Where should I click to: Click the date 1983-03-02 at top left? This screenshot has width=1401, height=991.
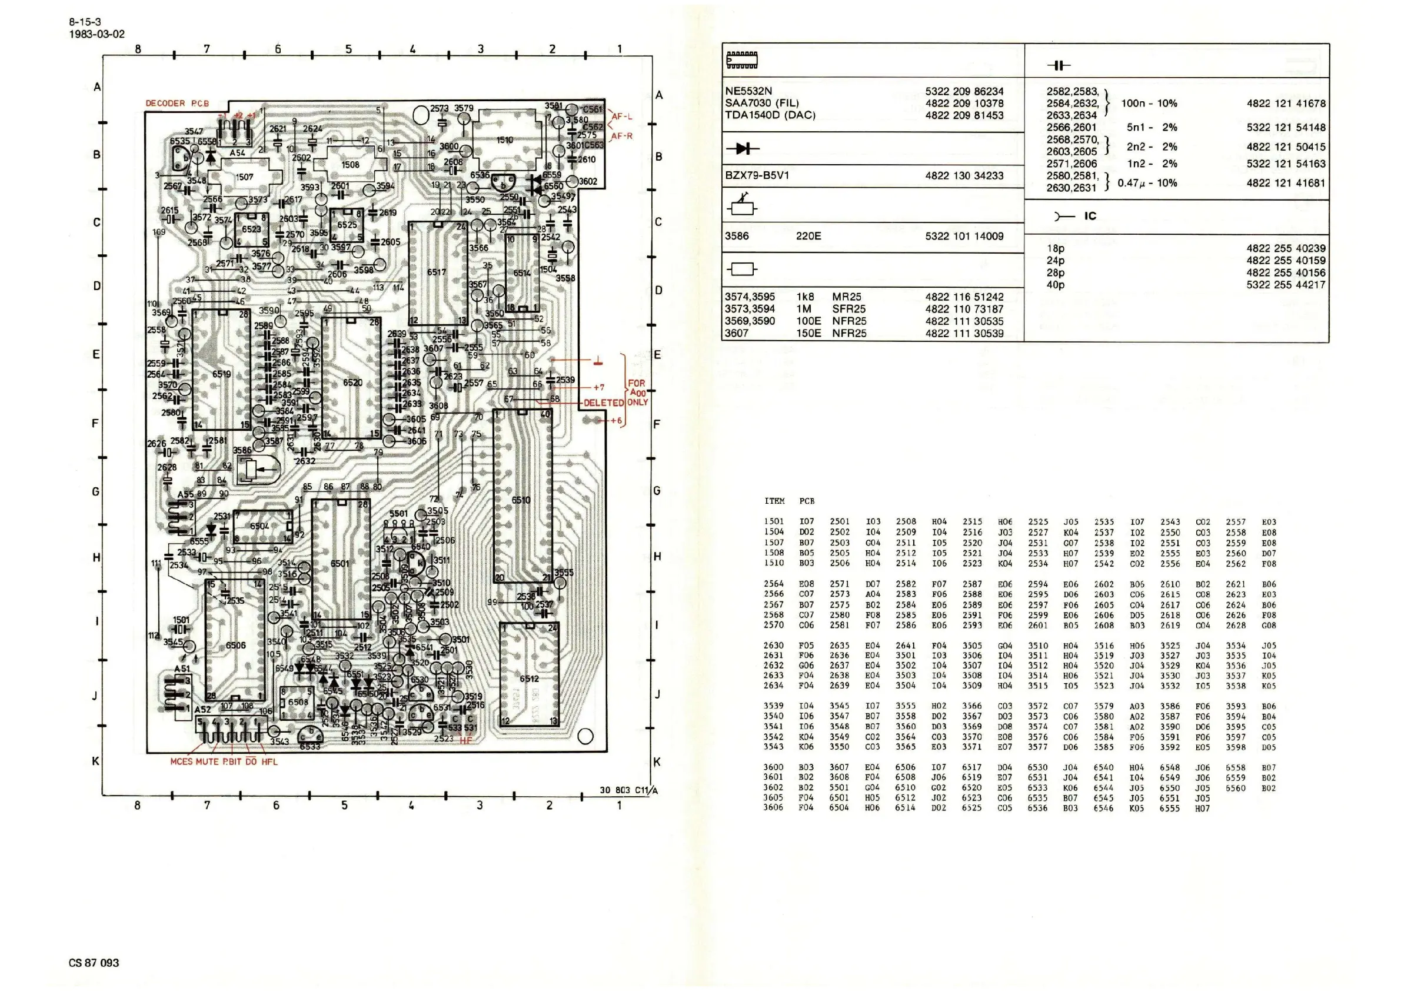[x=96, y=34]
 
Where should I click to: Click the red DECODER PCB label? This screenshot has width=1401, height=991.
[x=177, y=103]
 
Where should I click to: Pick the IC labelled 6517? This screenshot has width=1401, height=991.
[x=437, y=272]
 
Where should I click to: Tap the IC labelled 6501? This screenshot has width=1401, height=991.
[x=341, y=563]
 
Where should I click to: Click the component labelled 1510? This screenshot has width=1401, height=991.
[x=505, y=140]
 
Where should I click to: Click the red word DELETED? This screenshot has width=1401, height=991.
[x=603, y=403]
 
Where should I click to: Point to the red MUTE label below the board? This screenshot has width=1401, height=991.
[x=207, y=761]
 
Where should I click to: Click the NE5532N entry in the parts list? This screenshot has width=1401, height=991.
[x=748, y=91]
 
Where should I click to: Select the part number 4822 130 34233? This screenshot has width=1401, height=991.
[x=964, y=176]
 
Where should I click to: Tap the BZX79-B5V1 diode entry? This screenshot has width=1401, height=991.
[x=757, y=176]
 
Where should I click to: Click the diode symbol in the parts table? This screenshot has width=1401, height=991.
[x=743, y=148]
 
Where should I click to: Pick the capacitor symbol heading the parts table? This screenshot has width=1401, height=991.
[x=1059, y=65]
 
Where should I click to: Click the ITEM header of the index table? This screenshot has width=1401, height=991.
[x=774, y=501]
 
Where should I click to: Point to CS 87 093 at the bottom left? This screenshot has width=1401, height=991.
[x=94, y=962]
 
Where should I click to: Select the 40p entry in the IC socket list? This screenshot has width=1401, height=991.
[x=1056, y=284]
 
